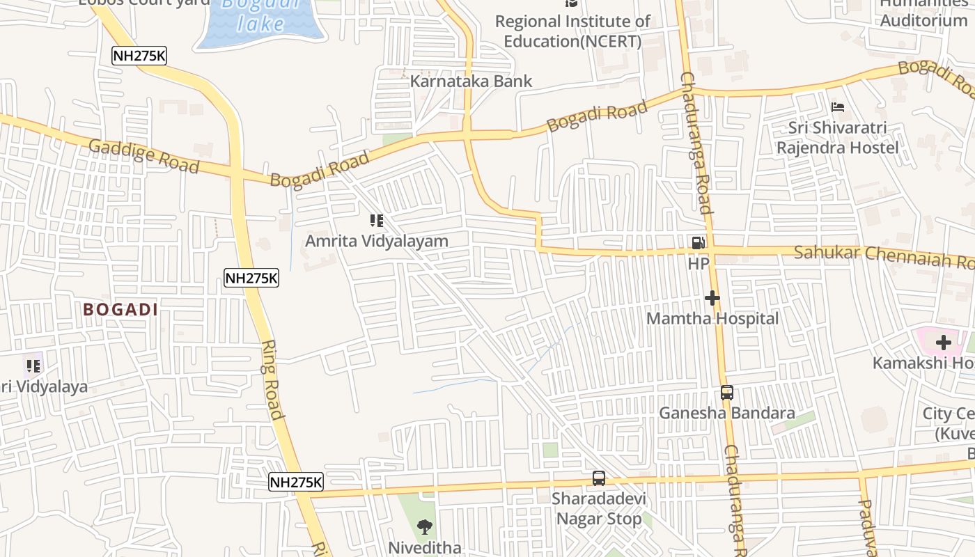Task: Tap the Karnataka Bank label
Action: [x=471, y=81]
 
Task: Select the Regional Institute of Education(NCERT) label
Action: [x=572, y=31]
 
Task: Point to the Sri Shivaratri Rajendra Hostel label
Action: [x=837, y=138]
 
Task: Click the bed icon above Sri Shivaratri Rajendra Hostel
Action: [x=838, y=107]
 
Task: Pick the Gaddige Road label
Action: [x=144, y=156]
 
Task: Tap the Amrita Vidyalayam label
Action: [x=377, y=241]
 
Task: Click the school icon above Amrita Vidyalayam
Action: [x=377, y=221]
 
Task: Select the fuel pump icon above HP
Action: [x=698, y=243]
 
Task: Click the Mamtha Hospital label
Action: [x=712, y=318]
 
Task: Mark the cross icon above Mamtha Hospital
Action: [x=712, y=298]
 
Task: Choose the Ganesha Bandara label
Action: [x=727, y=413]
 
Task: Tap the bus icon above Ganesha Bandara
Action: [x=727, y=393]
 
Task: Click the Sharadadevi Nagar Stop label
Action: [x=599, y=509]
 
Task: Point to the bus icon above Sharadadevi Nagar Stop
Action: [x=599, y=478]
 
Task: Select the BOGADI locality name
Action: [x=120, y=310]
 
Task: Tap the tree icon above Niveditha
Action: [x=424, y=527]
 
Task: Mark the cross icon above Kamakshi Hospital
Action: [x=944, y=343]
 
